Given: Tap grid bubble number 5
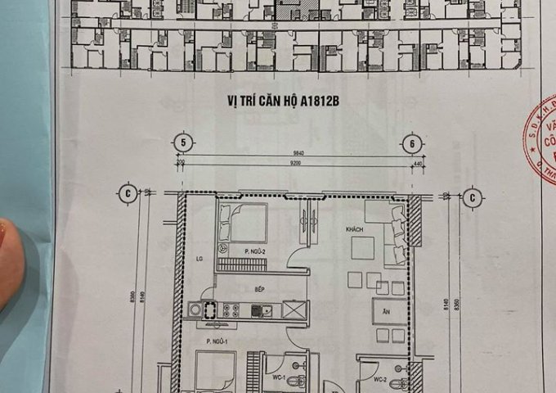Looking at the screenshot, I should tap(186, 141).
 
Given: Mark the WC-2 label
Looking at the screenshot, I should tap(379, 380).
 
